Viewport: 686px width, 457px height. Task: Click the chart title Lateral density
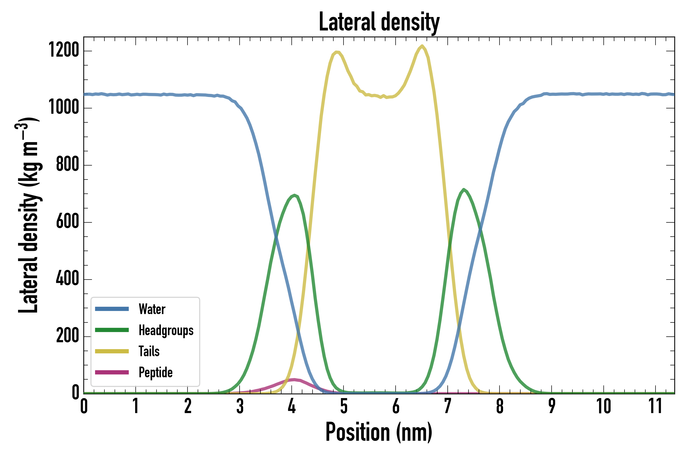click(x=379, y=22)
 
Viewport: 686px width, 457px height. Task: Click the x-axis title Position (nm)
click(x=379, y=432)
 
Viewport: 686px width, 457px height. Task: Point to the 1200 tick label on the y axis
click(x=64, y=50)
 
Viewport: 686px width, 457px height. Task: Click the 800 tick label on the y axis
click(x=67, y=164)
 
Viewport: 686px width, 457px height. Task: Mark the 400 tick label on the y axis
click(x=67, y=279)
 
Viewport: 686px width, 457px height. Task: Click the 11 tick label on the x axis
click(x=655, y=406)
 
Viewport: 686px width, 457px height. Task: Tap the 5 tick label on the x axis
click(x=344, y=406)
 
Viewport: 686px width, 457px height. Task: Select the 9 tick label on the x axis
click(x=552, y=406)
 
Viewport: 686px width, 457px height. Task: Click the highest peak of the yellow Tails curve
click(x=422, y=46)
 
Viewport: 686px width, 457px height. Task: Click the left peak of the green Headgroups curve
click(x=294, y=195)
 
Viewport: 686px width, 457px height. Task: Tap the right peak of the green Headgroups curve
click(x=463, y=190)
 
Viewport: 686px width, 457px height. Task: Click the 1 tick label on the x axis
click(x=136, y=406)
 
